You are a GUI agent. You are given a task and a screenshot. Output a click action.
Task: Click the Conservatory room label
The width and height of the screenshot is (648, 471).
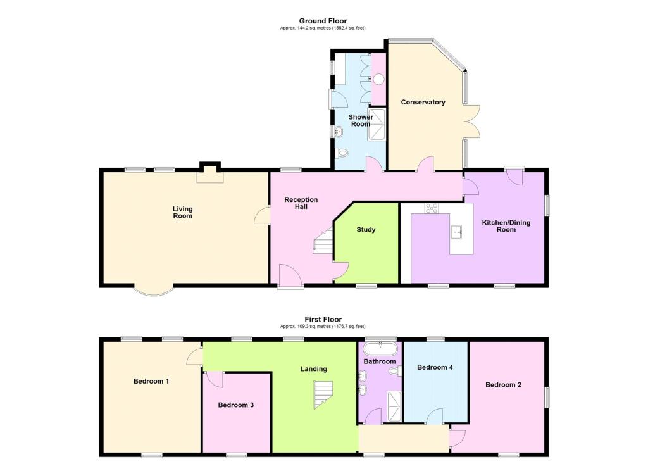[x=423, y=102]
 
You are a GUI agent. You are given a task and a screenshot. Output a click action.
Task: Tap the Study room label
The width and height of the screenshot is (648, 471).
[x=366, y=229]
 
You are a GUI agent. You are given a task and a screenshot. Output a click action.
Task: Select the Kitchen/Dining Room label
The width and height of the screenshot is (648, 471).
[x=506, y=226]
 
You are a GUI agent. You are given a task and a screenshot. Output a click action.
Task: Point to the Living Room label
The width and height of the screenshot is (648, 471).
[x=182, y=212]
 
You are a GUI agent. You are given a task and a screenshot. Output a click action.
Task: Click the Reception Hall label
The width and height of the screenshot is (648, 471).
[x=301, y=203]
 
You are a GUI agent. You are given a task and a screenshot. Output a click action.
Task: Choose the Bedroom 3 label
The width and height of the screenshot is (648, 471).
[x=235, y=405]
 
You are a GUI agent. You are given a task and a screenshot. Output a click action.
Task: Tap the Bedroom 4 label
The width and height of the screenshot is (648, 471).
[x=435, y=367]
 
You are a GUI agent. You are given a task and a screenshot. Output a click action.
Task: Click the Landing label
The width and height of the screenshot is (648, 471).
[x=314, y=369]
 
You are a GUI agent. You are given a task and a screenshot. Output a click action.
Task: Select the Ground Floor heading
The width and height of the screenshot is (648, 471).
[x=323, y=21]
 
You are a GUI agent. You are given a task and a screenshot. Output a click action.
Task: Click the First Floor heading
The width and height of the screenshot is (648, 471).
[x=323, y=320]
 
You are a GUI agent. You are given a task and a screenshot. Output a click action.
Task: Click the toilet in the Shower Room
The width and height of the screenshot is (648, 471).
[x=342, y=153]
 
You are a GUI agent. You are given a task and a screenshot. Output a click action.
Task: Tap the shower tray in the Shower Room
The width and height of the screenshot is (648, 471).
[x=377, y=123]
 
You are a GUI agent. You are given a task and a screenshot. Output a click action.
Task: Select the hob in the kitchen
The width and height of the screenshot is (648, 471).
[x=432, y=208]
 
